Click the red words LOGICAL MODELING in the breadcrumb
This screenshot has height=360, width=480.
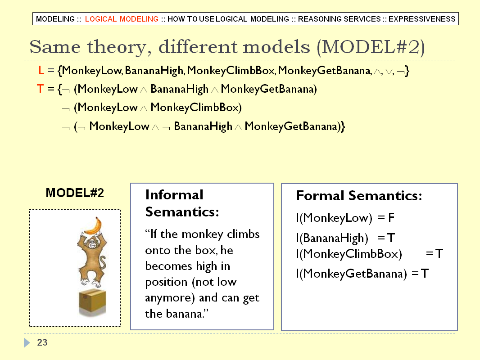click(122, 19)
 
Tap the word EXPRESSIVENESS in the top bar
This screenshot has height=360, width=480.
click(422, 19)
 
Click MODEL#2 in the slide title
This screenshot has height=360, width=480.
click(371, 47)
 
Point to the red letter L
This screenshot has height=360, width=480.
click(41, 71)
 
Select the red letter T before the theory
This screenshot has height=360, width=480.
click(40, 89)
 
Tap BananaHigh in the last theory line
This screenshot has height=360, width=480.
click(203, 126)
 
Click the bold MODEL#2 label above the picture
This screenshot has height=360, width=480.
click(75, 193)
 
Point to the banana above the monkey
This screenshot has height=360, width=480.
click(93, 226)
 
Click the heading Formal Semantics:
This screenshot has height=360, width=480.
click(359, 196)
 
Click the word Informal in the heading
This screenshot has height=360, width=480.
click(174, 195)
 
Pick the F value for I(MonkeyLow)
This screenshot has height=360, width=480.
click(391, 218)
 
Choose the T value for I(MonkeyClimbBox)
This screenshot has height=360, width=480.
click(439, 253)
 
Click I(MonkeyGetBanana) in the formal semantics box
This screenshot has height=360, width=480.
click(351, 274)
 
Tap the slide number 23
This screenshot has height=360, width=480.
click(42, 342)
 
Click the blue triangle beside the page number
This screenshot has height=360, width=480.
click(27, 342)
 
